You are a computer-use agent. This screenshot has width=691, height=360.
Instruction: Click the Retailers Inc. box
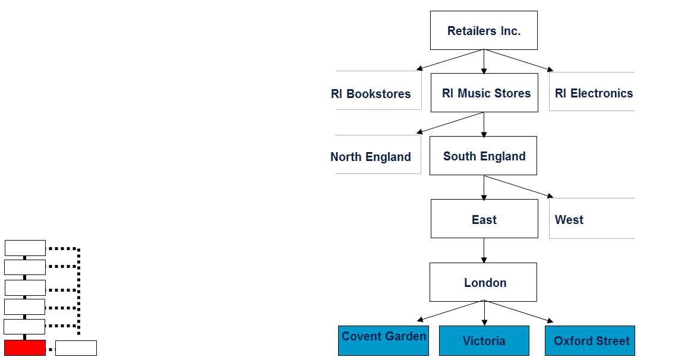[x=484, y=30]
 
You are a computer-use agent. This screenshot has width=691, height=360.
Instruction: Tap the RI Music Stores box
[x=484, y=93]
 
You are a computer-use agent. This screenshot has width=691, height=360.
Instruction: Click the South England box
[x=483, y=156]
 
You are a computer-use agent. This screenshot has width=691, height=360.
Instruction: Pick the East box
[x=484, y=219]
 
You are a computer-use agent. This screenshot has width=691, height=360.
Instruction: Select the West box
[x=591, y=219]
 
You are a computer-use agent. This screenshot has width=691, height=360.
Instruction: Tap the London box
[x=483, y=282]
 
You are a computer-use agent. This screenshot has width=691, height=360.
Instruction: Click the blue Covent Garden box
[x=383, y=340]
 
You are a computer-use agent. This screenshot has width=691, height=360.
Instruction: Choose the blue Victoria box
[x=484, y=340]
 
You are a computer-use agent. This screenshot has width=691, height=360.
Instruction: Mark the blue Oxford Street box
[x=589, y=340]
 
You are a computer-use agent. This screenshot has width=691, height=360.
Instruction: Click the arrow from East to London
[x=484, y=250]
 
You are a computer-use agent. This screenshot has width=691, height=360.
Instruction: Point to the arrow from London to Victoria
[x=484, y=313]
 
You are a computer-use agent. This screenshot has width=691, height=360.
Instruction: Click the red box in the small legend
[x=25, y=348]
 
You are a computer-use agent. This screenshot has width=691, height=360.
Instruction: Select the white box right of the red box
[x=76, y=348]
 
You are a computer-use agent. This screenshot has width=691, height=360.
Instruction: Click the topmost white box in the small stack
[x=25, y=248]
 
